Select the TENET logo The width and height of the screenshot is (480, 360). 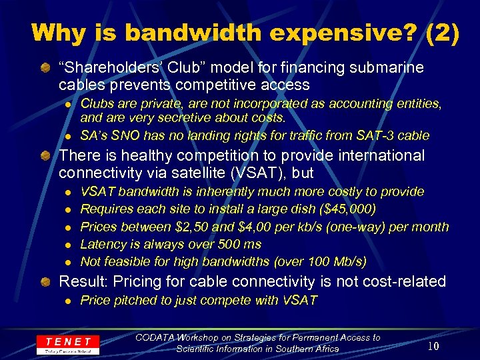68,343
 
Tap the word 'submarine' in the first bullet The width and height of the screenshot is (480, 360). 393,68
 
